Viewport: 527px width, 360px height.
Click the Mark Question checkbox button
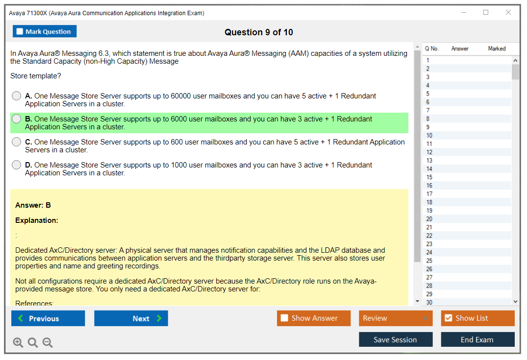(44, 31)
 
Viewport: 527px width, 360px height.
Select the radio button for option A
(17, 96)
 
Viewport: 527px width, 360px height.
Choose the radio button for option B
(17, 119)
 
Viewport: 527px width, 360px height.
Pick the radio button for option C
(17, 142)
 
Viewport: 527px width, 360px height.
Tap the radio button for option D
(17, 165)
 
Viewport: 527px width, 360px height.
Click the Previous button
(48, 318)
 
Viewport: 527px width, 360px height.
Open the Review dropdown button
(396, 318)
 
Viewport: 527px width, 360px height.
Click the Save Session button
(396, 339)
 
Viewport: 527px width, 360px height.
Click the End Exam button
(477, 339)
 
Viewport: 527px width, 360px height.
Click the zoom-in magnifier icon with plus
(18, 342)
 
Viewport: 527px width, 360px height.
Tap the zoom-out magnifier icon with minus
(48, 342)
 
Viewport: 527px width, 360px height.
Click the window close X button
(508, 12)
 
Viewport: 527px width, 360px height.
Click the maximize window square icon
(486, 12)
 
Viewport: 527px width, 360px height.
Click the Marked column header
(497, 48)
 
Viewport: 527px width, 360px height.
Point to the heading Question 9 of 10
(259, 32)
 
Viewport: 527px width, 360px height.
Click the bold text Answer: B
(33, 205)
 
